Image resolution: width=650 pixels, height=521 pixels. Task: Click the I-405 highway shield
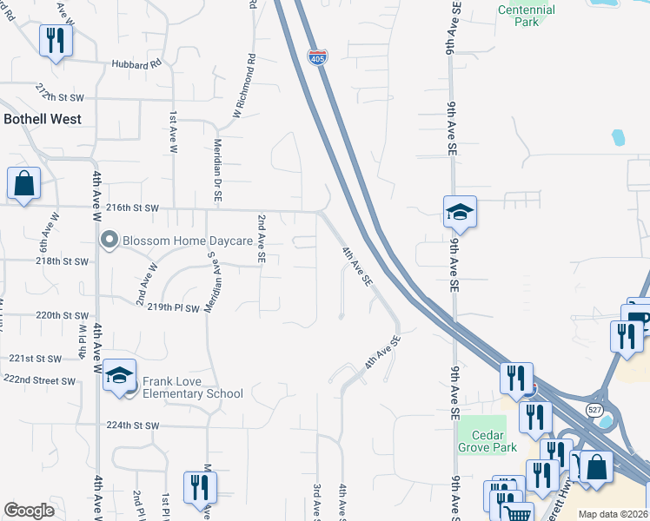point(318,58)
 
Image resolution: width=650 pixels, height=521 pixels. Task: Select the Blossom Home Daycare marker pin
point(109,240)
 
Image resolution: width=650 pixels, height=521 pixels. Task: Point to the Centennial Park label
point(526,16)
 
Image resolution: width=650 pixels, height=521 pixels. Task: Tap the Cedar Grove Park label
point(487,440)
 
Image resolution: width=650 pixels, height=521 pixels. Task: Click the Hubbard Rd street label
point(136,64)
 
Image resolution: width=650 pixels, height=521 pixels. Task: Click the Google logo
point(29,511)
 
